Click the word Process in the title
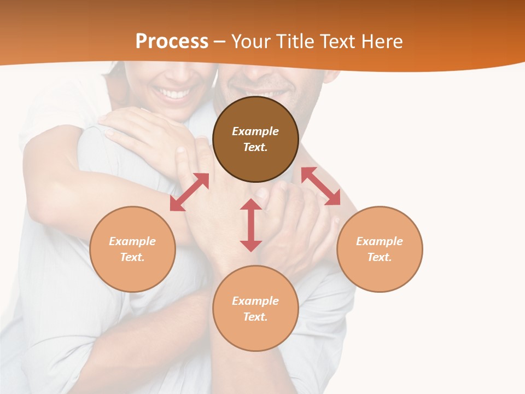[172, 42]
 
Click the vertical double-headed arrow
[251, 225]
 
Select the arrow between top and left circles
[189, 192]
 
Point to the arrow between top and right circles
[320, 186]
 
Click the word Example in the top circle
[255, 131]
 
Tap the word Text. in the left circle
[132, 257]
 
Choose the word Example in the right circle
[380, 241]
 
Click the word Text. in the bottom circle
[255, 317]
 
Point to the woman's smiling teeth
[174, 94]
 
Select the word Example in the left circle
[132, 241]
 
